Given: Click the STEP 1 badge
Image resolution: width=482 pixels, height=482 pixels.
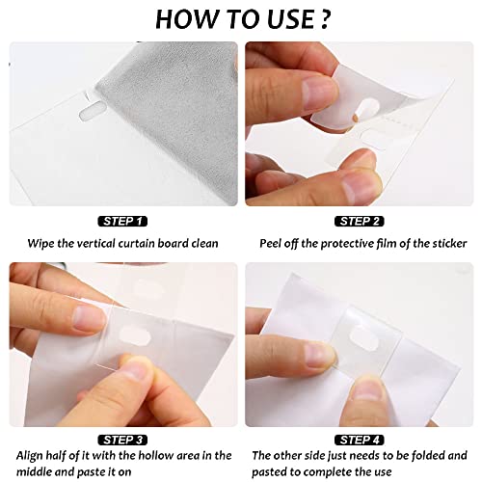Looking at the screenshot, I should point(122,221).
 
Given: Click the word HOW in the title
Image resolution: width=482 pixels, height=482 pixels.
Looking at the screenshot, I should point(188,18).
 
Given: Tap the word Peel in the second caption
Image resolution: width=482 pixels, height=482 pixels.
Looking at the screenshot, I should point(272,244).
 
